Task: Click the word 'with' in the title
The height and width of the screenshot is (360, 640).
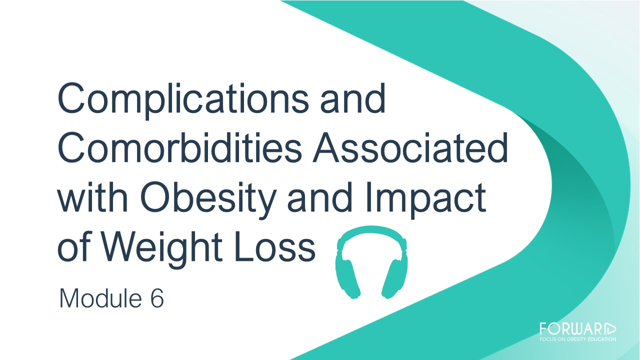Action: click(92, 197)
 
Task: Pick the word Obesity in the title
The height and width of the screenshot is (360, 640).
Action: click(208, 200)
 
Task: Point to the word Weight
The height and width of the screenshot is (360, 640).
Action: click(162, 250)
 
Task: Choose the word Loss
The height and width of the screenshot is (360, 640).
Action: click(274, 247)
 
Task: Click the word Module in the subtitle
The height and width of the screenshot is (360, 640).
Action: click(100, 298)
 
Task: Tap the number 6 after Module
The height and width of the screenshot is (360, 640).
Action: click(157, 298)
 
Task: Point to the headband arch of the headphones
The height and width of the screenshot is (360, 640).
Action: click(371, 230)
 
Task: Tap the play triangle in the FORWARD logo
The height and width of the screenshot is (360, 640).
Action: click(611, 329)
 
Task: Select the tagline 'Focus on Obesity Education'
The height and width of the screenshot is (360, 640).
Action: click(577, 339)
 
